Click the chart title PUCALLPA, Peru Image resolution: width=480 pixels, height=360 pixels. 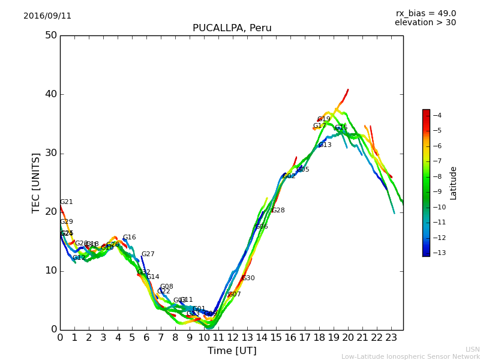pos(232,28)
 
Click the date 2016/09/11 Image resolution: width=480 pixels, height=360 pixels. pos(47,16)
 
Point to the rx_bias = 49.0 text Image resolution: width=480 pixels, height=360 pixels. pos(425,13)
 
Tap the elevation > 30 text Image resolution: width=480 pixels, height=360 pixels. pos(425,23)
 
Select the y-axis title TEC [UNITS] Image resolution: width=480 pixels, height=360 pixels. pos(36,182)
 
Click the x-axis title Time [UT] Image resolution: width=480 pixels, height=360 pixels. pos(232,351)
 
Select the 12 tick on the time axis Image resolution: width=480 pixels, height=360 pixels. pos(233,338)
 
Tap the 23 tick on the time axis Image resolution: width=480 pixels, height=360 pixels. pos(391,338)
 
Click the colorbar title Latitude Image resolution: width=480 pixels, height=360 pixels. pos(454,183)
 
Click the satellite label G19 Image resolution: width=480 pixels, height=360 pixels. pos(324,119)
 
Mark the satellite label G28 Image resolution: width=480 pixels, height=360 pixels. pos(278,211)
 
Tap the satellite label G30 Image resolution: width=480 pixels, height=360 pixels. pos(248,278)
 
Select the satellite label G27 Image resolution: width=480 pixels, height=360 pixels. pos(148,254)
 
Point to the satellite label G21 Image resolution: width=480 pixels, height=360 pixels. pos(67,202)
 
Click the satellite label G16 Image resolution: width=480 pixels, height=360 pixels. pos(130,238)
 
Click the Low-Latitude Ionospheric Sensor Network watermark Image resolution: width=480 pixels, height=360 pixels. pos(410,357)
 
